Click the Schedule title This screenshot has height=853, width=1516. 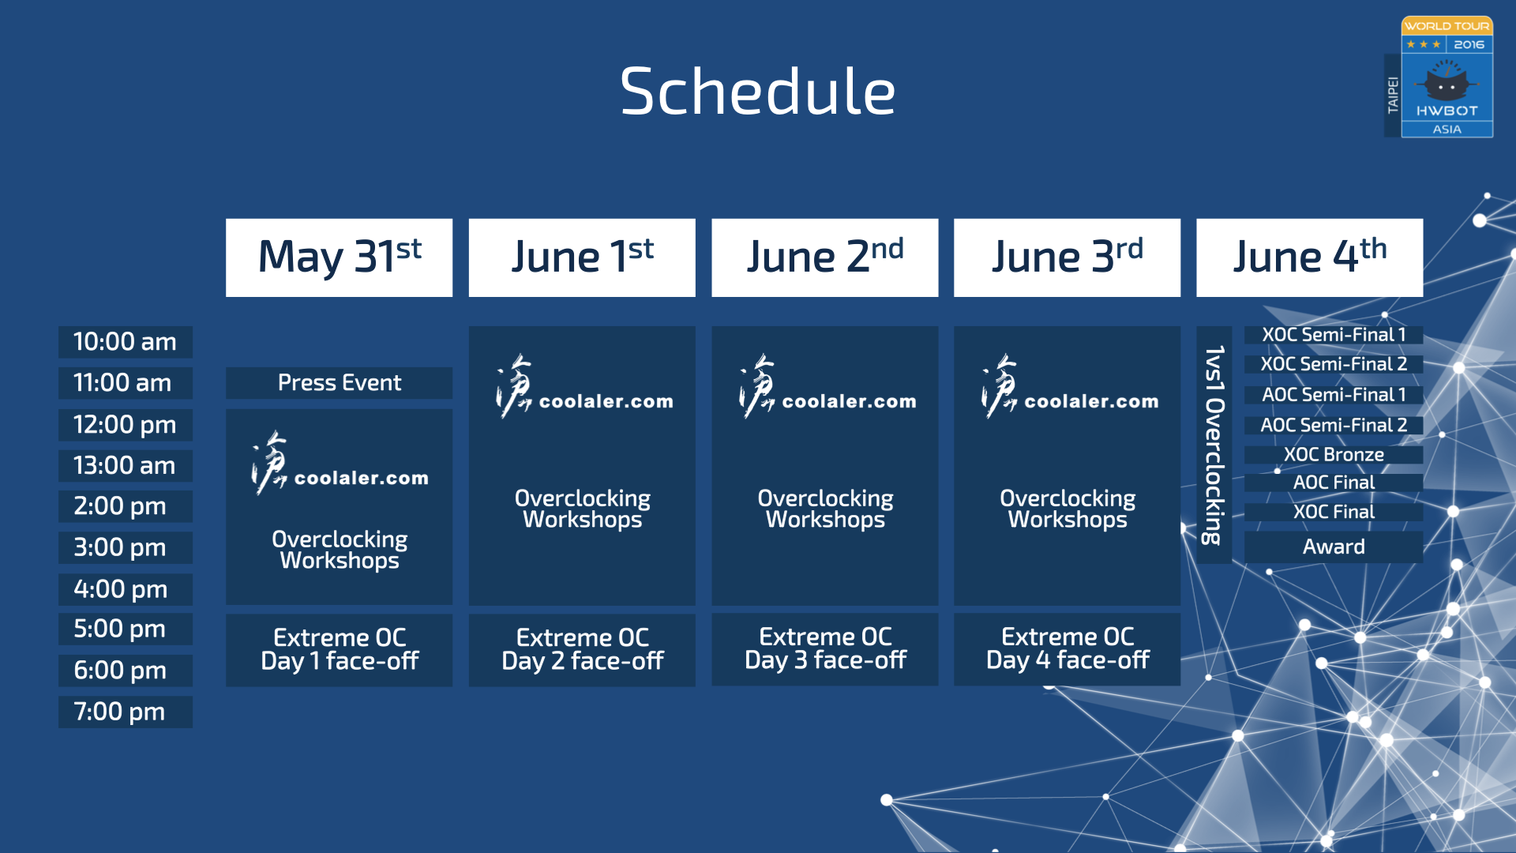coord(757,91)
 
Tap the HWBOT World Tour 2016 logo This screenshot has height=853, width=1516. coord(1439,77)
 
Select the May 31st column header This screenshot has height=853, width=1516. coord(339,257)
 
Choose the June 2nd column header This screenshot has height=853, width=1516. coord(824,257)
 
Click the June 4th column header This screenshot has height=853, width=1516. coord(1309,257)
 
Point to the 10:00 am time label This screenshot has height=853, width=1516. coord(126,342)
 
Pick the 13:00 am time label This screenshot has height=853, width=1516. coord(126,466)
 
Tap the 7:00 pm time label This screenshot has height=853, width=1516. coord(126,712)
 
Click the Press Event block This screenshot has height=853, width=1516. coord(339,383)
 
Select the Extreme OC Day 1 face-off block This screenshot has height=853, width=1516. coord(339,649)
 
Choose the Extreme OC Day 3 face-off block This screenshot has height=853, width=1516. coord(824,649)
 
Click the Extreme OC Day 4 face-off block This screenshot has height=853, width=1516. coord(1067,649)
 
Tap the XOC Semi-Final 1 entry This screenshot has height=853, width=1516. coord(1334,335)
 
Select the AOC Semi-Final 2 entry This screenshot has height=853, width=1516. coord(1334,426)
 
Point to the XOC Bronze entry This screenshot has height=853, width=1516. coord(1334,455)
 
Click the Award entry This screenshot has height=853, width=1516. coord(1334,547)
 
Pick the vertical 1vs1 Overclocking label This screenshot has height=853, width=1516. coord(1214,445)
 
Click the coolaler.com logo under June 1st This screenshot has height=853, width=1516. coord(584,387)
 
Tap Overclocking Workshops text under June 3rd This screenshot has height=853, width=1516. coord(1068,509)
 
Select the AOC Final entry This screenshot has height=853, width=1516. coord(1334,483)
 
